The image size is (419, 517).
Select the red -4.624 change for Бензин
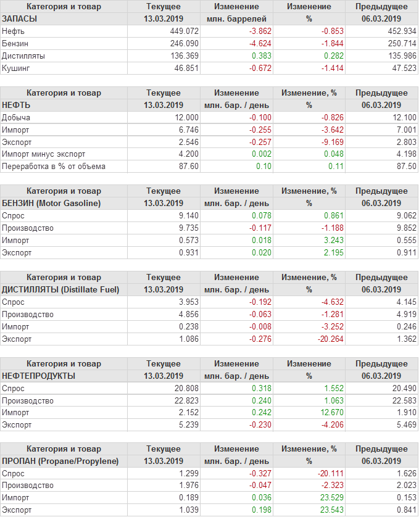[257, 43]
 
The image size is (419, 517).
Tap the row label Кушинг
[16, 68]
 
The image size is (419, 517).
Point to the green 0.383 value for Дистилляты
[262, 56]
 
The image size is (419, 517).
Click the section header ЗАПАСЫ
[20, 19]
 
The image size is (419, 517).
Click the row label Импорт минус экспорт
[44, 154]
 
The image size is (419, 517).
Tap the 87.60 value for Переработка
[189, 166]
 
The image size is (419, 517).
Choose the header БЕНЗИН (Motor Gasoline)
[52, 203]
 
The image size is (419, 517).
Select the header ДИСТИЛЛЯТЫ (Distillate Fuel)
[61, 289]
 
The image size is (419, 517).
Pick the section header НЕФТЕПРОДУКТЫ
[39, 376]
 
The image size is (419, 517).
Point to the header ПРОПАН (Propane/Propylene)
[60, 461]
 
